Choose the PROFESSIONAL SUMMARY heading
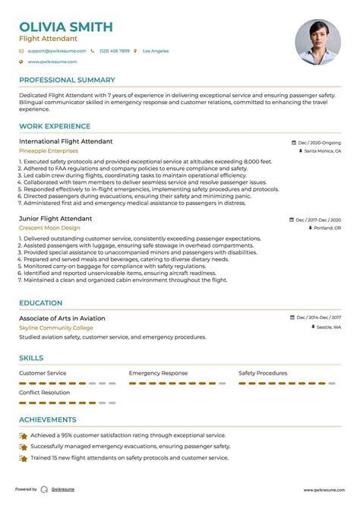[x=67, y=80]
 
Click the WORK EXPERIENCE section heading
[x=55, y=127]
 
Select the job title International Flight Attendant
[x=66, y=141]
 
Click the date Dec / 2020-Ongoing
[x=319, y=142]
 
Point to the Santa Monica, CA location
[x=323, y=151]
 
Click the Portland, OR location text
[x=327, y=228]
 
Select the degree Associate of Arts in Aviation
[x=62, y=318]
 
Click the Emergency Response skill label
[x=158, y=373]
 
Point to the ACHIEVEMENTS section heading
[x=48, y=419]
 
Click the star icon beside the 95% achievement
[x=24, y=436]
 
